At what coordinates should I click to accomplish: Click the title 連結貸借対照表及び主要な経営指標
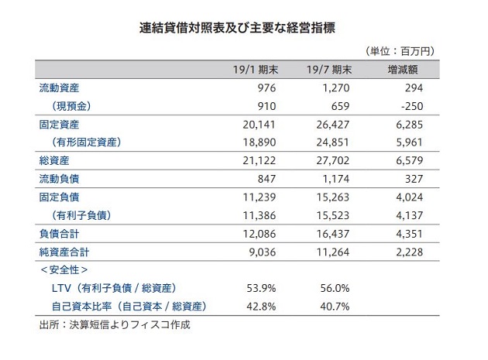pos(243,27)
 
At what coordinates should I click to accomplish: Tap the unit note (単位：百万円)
pos(399,51)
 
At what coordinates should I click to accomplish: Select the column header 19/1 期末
pos(255,70)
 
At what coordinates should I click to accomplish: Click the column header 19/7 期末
pos(331,70)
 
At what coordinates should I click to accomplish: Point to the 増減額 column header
pos(404,70)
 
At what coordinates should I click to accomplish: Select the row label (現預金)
pos(73,106)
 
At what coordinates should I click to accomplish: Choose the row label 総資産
pos(53,161)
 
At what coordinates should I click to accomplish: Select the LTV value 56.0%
pos(335,288)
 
